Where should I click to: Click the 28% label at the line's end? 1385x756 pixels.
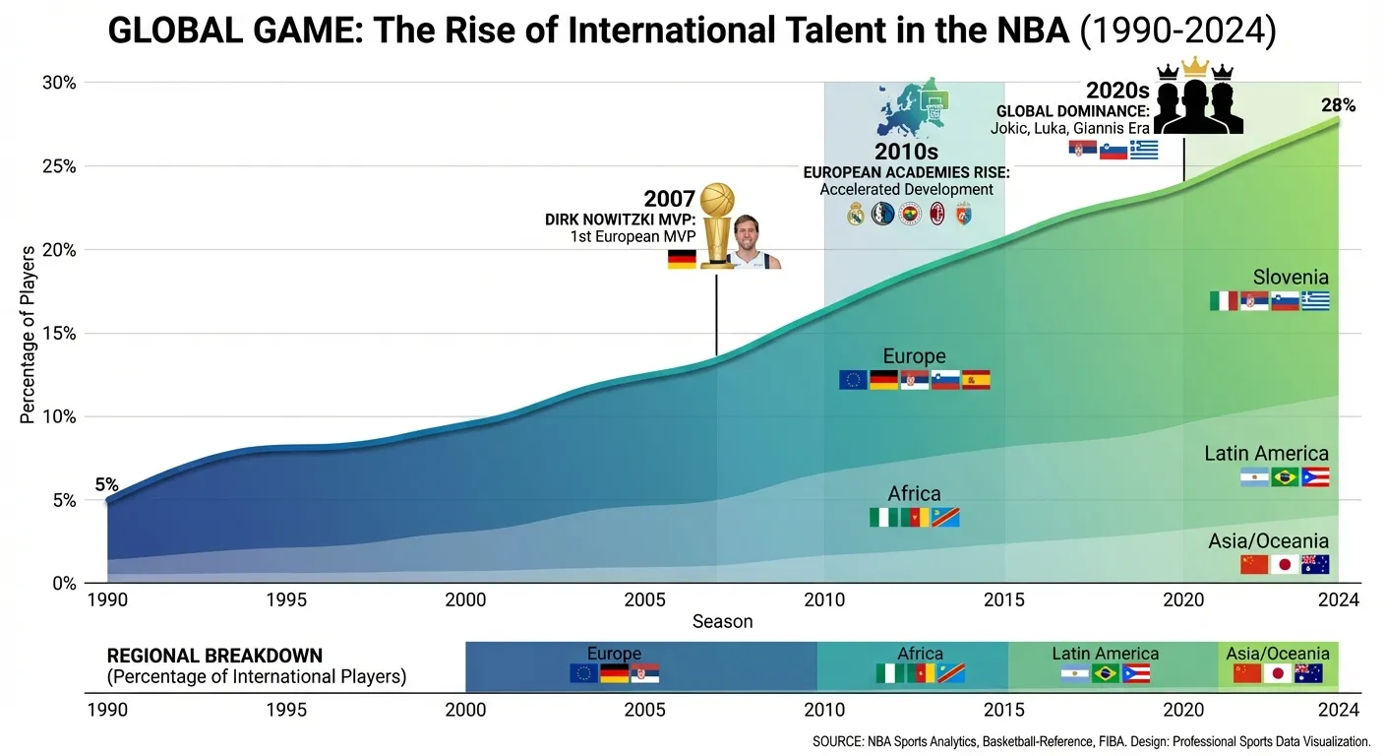tap(1338, 105)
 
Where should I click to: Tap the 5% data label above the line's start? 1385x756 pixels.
tap(106, 484)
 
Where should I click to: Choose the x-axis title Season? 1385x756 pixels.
tap(722, 621)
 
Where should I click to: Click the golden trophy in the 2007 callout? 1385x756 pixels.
tap(717, 224)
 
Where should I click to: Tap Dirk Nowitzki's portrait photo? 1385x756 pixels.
tap(754, 246)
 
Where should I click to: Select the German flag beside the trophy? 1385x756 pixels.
tap(682, 259)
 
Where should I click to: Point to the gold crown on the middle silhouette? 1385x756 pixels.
tap(1195, 67)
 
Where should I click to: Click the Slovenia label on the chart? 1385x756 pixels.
tap(1291, 278)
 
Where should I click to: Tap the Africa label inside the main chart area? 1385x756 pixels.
tap(914, 494)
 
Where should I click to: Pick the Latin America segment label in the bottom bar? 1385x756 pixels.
tap(1105, 654)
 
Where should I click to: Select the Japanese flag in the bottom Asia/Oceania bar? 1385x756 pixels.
tap(1278, 674)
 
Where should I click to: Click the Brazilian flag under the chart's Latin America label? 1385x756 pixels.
tap(1285, 477)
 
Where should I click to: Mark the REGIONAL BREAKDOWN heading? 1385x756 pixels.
tap(214, 656)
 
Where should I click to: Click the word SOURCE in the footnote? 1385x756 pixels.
tap(838, 741)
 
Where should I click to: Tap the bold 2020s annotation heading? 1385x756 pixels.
tap(1117, 91)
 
